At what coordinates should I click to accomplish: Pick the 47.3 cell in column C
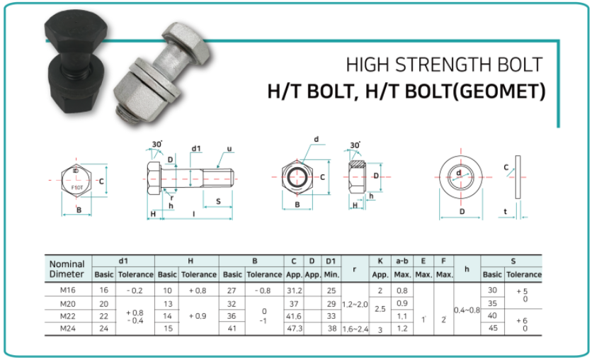[x=294, y=328]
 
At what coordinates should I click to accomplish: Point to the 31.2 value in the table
[x=294, y=290]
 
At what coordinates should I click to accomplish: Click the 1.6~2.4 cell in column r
[x=355, y=328]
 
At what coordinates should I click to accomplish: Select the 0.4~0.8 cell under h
[x=467, y=309]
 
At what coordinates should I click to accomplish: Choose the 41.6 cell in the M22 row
[x=294, y=315]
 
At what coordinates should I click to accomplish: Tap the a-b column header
[x=402, y=261]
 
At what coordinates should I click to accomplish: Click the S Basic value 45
[x=491, y=328]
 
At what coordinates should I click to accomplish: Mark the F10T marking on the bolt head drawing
[x=77, y=187]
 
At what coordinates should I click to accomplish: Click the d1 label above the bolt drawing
[x=196, y=149]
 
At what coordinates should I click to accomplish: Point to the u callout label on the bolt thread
[x=230, y=150]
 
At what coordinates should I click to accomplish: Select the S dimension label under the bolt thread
[x=218, y=201]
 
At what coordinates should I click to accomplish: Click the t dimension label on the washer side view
[x=505, y=211]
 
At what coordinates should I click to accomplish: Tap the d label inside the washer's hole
[x=460, y=173]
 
